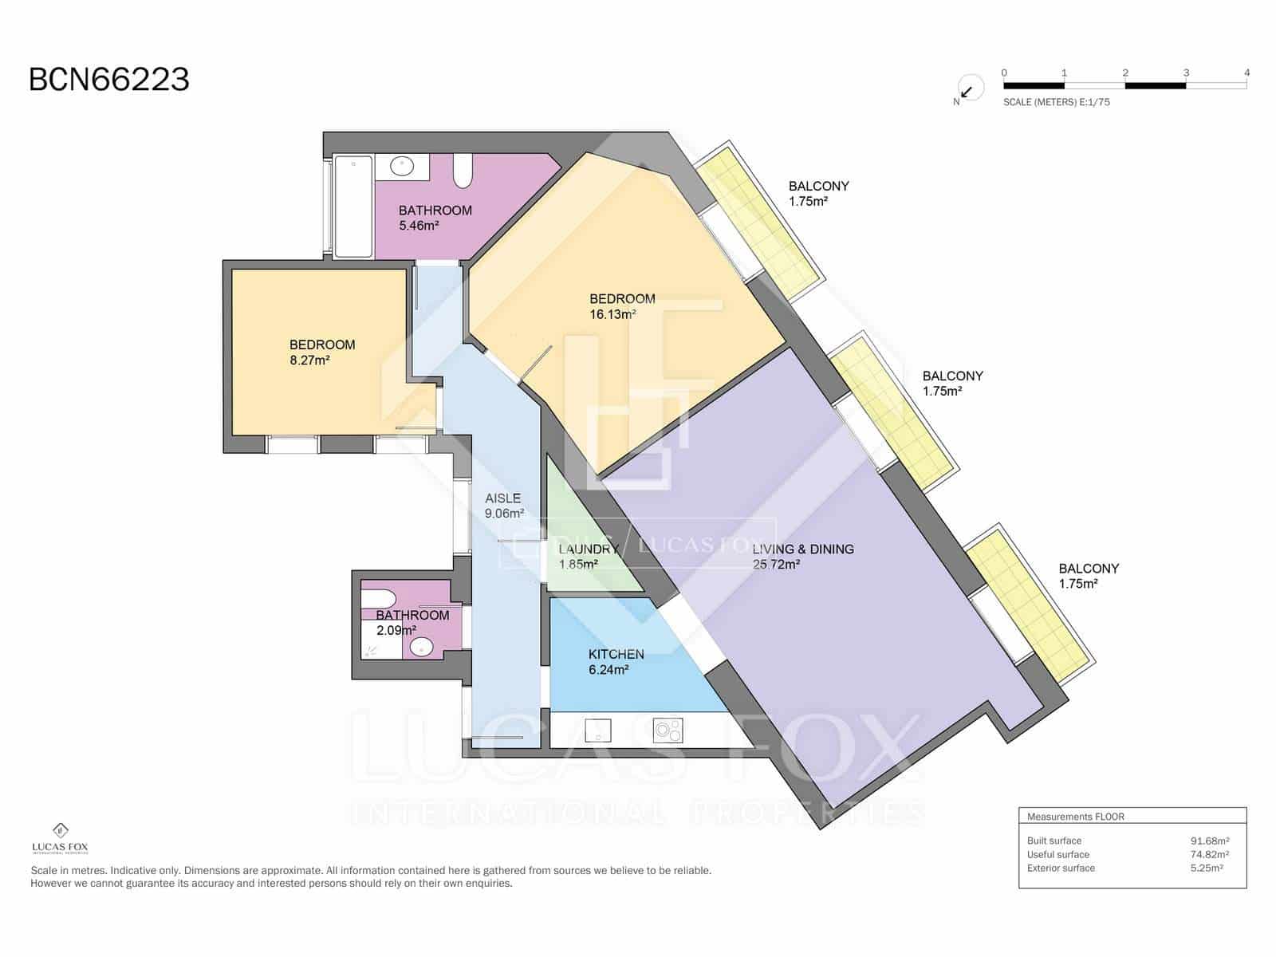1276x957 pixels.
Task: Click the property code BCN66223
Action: tap(109, 80)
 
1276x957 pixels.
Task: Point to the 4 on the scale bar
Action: tap(1246, 73)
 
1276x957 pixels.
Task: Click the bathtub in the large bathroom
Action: tap(353, 206)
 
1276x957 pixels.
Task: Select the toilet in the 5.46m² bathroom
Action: tap(463, 171)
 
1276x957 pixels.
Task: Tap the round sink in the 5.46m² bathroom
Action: tap(402, 167)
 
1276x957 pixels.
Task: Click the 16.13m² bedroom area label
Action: tap(621, 306)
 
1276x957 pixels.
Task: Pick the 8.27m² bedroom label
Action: tap(322, 352)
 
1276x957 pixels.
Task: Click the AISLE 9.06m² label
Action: tap(504, 506)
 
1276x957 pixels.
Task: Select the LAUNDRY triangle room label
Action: tap(589, 557)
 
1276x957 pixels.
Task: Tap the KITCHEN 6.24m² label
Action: tap(616, 661)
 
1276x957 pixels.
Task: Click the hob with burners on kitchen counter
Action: tap(668, 730)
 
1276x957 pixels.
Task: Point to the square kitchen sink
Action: tap(598, 730)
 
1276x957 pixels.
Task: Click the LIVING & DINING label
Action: tap(802, 556)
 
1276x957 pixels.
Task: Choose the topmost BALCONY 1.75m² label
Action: tap(818, 193)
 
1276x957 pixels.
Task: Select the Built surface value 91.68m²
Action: tap(1209, 841)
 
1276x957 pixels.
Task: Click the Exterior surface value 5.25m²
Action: tap(1206, 868)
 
